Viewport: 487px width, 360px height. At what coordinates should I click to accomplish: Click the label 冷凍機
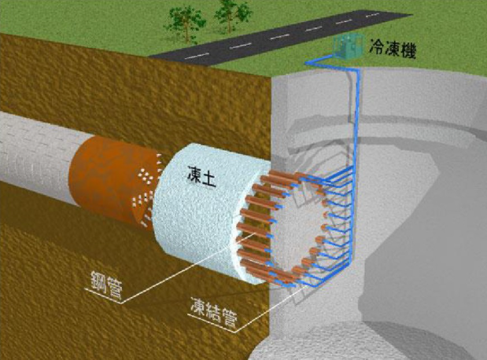pyautogui.click(x=393, y=49)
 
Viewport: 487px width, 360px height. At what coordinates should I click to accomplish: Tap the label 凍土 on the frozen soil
pyautogui.click(x=201, y=176)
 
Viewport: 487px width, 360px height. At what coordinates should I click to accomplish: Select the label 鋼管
pyautogui.click(x=106, y=285)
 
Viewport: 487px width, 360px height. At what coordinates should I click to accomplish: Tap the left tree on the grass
pyautogui.click(x=185, y=24)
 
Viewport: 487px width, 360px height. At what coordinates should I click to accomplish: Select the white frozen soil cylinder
pyautogui.click(x=205, y=214)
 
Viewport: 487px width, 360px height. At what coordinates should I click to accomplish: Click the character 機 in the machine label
pyautogui.click(x=408, y=51)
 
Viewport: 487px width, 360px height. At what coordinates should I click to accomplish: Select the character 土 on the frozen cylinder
pyautogui.click(x=208, y=179)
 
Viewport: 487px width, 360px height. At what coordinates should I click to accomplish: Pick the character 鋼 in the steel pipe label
pyautogui.click(x=98, y=281)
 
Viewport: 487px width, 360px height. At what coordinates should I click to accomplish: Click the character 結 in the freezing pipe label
pyautogui.click(x=214, y=313)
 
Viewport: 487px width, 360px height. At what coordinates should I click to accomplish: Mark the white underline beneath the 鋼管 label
pyautogui.click(x=102, y=296)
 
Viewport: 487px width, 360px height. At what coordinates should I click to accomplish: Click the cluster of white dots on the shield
pyautogui.click(x=146, y=176)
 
